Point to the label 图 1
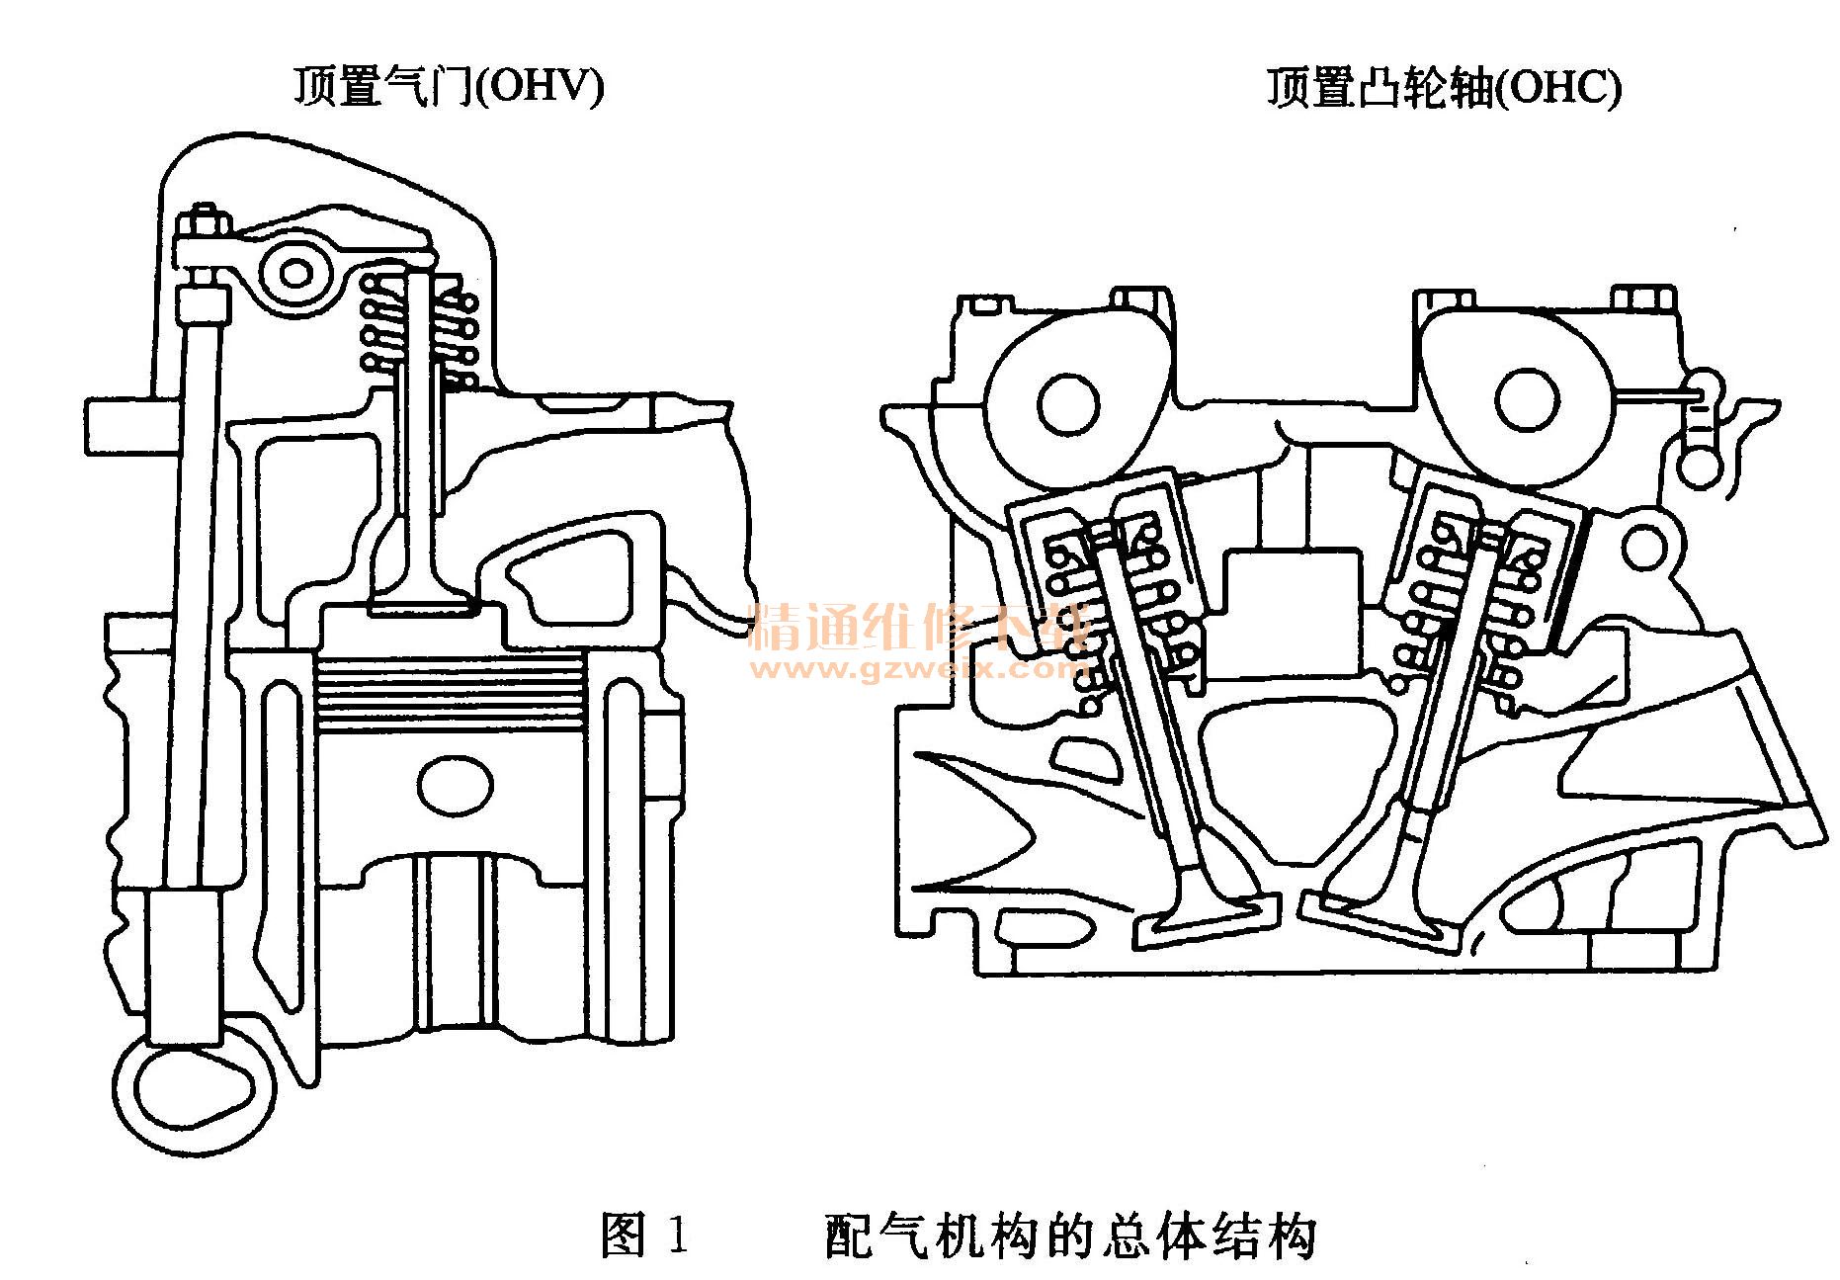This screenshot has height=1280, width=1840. pyautogui.click(x=644, y=1236)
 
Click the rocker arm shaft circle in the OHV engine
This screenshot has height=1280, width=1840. pyautogui.click(x=294, y=272)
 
